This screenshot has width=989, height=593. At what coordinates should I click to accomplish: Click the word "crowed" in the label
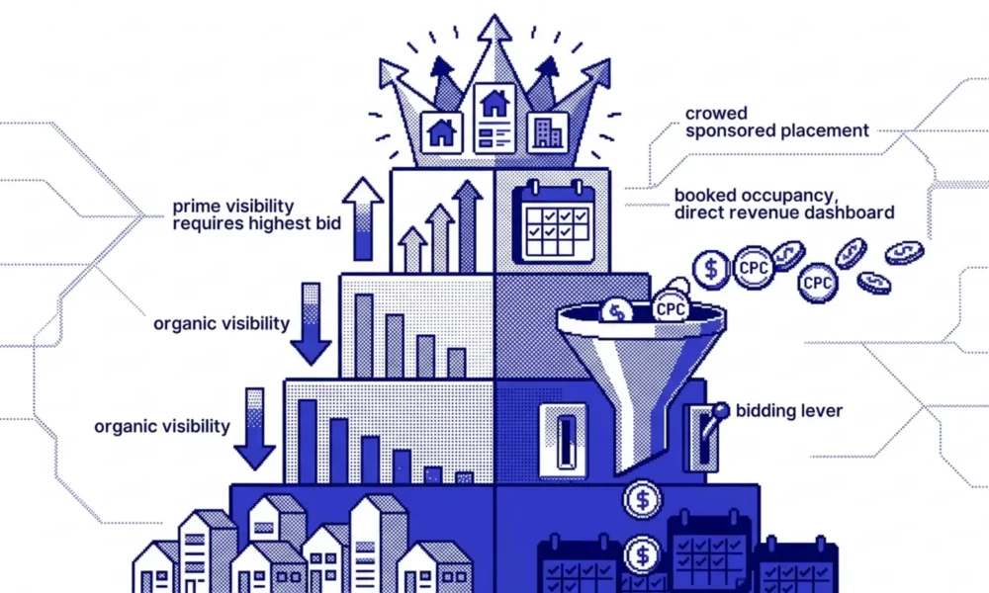716,114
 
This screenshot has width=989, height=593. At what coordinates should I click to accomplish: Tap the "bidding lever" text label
789,411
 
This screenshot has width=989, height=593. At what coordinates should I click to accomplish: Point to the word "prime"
197,207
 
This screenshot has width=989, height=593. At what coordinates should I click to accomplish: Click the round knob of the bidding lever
721,411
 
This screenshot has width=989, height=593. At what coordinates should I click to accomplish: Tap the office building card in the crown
547,133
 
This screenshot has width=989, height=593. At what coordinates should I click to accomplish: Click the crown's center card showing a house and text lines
494,118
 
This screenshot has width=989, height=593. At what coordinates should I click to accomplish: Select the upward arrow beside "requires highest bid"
363,218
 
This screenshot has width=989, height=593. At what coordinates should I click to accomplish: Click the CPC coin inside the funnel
670,307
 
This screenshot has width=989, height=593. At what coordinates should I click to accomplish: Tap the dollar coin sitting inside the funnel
617,310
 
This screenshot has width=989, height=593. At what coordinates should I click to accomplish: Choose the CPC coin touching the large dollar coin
753,268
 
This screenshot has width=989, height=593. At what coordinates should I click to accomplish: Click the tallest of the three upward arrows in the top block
468,225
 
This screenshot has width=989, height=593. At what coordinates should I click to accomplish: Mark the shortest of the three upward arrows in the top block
412,249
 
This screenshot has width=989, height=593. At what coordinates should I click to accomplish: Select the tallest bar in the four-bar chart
364,336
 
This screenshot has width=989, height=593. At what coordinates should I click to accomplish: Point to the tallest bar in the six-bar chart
308,441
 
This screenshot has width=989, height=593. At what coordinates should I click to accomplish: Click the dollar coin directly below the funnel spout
642,500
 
